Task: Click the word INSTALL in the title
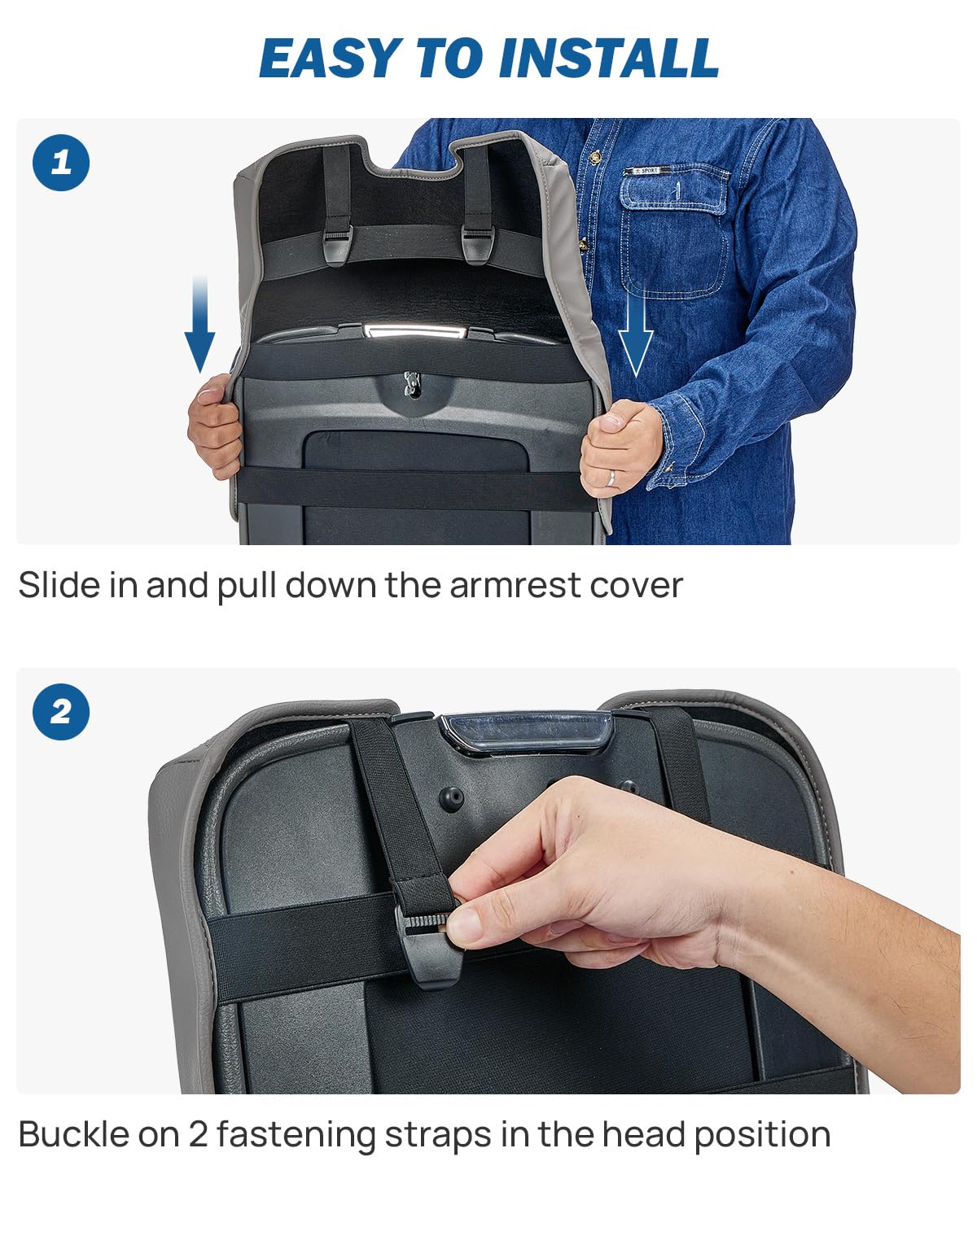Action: tap(609, 58)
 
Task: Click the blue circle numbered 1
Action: tap(61, 163)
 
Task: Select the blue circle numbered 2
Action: tap(61, 712)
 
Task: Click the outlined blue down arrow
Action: tap(636, 334)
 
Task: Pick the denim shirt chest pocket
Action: tap(673, 230)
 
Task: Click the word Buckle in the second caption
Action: tap(75, 1134)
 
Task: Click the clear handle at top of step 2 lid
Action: tap(526, 733)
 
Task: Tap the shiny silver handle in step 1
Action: tap(414, 332)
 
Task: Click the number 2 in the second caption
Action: tap(198, 1134)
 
